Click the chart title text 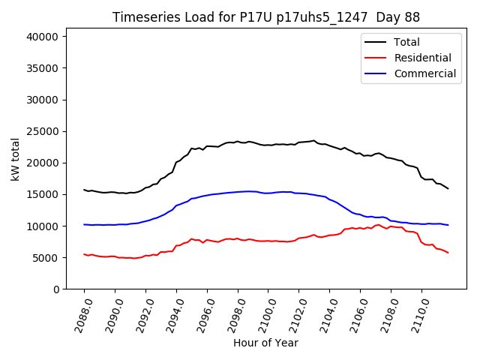(266, 17)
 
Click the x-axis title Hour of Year (265, 343)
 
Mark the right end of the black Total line (448, 188)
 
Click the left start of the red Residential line (84, 254)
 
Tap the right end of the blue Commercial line (448, 225)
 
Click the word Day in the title (388, 17)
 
